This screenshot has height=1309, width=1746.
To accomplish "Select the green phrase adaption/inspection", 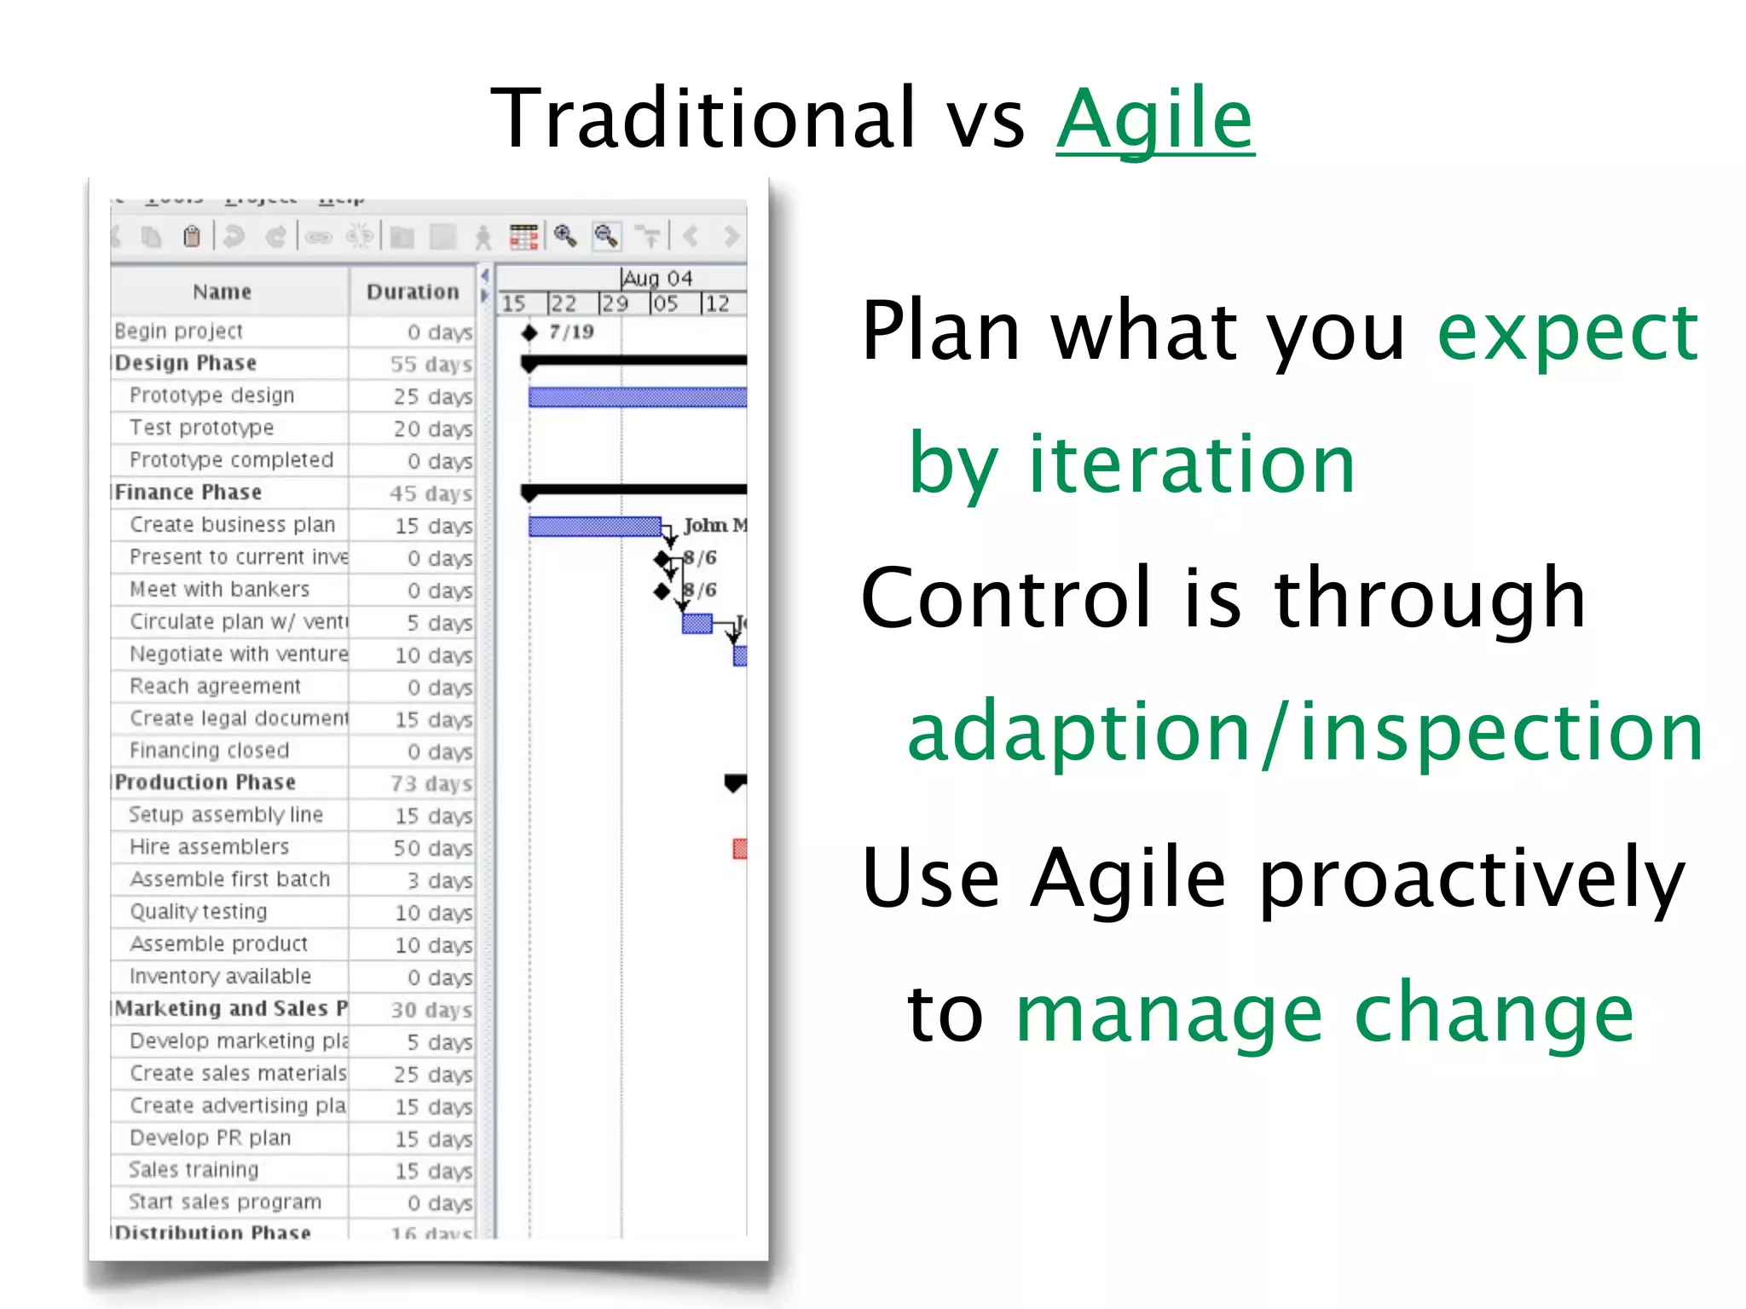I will (1304, 731).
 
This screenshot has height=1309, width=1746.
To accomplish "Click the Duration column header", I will (413, 292).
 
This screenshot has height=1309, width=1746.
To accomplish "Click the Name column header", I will (222, 292).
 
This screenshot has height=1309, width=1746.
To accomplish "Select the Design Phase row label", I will (186, 363).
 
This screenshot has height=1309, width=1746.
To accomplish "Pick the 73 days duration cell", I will (431, 783).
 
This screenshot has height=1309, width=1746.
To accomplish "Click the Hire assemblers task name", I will (210, 847).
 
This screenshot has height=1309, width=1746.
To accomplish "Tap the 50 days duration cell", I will (432, 849).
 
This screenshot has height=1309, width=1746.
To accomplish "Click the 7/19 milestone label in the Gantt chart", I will (571, 332).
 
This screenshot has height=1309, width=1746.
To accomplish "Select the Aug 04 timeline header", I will (657, 279).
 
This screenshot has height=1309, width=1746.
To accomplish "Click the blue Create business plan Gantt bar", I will (594, 527).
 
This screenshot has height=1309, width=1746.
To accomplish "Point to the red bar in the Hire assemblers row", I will (739, 849).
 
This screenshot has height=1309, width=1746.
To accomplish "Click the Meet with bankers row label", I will (219, 589).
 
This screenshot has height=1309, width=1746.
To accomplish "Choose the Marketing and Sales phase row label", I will (230, 1008).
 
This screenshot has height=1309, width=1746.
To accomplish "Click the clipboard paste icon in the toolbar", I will (192, 236).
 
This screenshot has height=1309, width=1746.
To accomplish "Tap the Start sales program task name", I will (225, 1202).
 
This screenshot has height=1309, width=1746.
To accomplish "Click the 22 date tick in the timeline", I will (563, 304).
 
